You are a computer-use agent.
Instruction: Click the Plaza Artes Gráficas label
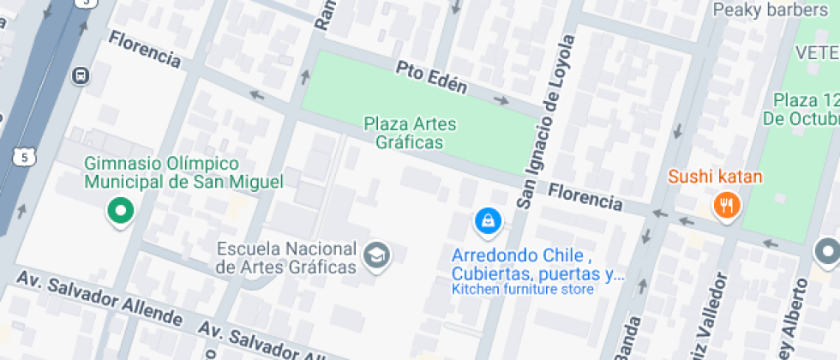[x=410, y=133]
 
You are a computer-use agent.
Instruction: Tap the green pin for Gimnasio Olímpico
[x=121, y=210]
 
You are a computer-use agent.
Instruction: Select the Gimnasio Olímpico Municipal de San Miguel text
[x=183, y=172]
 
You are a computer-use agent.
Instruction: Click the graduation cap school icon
[x=376, y=254]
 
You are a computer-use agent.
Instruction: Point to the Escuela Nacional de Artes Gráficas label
[x=286, y=258]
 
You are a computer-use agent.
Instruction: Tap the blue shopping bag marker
[x=488, y=220]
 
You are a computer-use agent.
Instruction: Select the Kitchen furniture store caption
[x=523, y=290]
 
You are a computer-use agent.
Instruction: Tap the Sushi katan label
[x=715, y=177]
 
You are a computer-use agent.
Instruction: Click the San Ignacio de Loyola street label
[x=543, y=123]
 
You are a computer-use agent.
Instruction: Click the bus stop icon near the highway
[x=81, y=75]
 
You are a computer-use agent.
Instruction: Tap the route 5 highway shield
[x=26, y=155]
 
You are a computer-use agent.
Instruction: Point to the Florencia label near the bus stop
[x=145, y=50]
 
